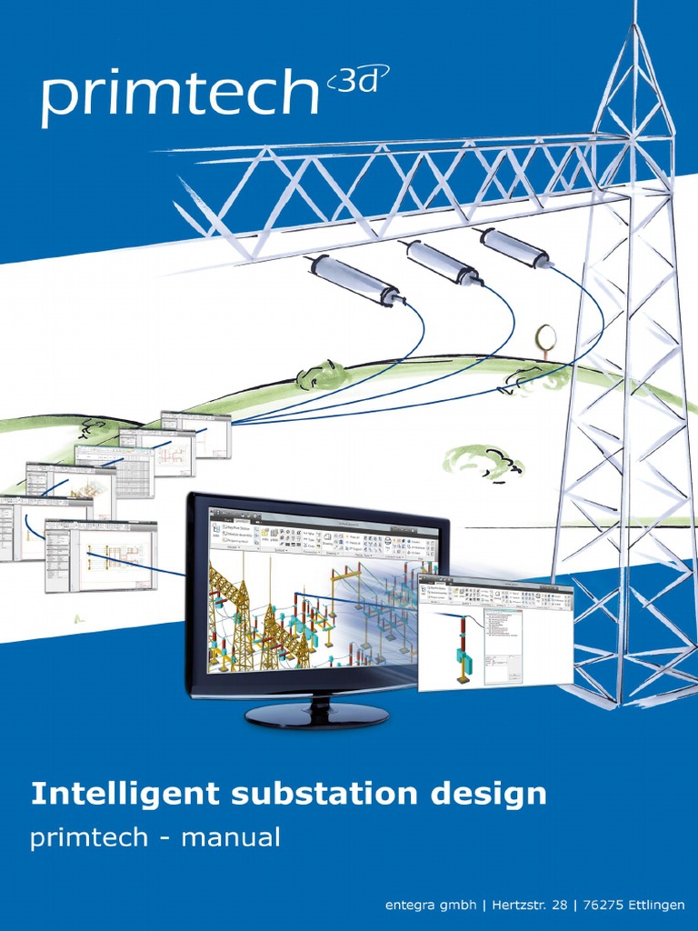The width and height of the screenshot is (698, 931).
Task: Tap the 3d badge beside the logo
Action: pos(356,84)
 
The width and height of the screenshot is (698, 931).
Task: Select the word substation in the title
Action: pos(317,794)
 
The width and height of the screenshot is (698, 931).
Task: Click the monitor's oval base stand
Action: pos(316,716)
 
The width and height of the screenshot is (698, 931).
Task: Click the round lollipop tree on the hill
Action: pos(545,337)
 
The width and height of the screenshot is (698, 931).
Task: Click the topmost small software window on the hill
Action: pos(195,434)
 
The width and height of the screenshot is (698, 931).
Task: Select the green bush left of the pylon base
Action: pos(483,462)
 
